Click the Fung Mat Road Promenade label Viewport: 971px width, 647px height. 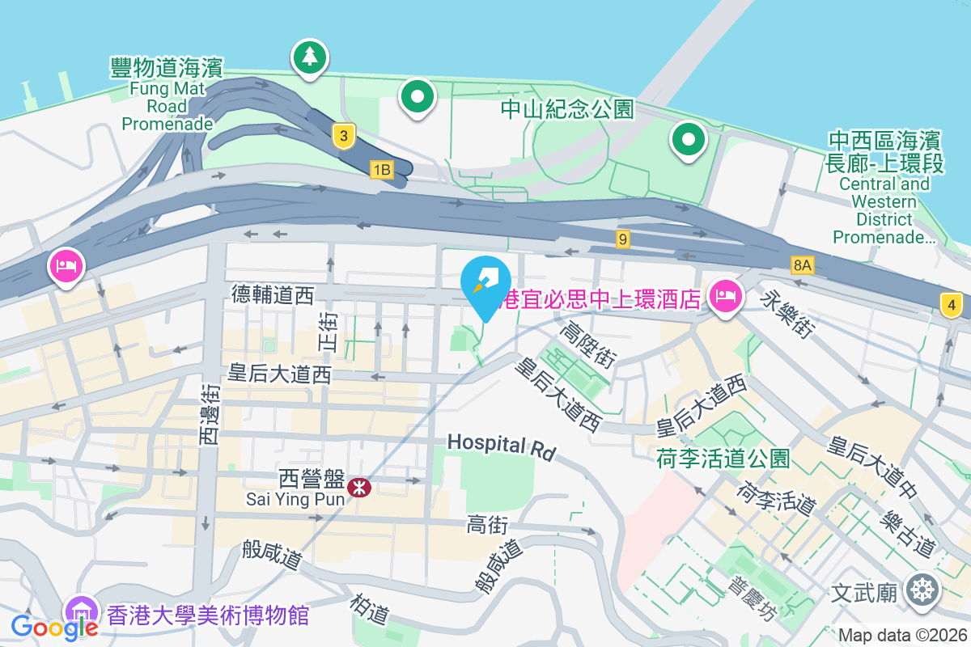coord(167,95)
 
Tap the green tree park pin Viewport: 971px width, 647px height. coord(309,57)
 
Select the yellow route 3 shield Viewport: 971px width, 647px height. coord(345,137)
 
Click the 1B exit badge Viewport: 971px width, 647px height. coord(382,170)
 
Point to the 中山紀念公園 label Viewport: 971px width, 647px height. coord(567,108)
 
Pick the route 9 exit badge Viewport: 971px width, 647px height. coord(622,239)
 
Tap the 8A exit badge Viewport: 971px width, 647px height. coord(802,264)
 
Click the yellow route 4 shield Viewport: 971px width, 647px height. coord(952,305)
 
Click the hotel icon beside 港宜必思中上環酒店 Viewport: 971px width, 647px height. coord(723,296)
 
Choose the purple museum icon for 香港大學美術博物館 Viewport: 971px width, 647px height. coord(82,612)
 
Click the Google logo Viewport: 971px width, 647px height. coord(54,628)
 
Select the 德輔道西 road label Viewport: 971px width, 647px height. coord(272,295)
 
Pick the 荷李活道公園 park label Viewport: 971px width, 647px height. coord(723,459)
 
